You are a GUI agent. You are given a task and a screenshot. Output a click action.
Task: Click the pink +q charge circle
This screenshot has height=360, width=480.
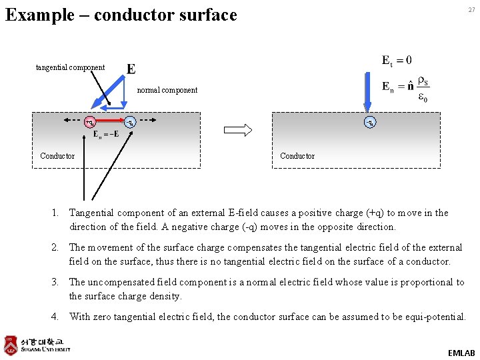pos(89,122)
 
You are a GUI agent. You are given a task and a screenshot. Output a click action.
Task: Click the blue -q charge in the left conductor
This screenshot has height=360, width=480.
pos(131,122)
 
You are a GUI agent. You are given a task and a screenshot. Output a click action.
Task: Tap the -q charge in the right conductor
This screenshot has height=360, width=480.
pos(369,122)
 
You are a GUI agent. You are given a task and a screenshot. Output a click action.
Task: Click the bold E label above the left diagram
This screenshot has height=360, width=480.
pos(131,69)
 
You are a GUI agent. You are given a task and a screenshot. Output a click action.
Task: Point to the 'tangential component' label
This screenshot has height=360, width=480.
pos(70,67)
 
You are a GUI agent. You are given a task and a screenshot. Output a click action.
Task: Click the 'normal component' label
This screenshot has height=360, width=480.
pos(167,90)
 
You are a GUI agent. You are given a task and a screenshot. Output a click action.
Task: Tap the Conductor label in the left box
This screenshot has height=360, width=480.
pos(57,156)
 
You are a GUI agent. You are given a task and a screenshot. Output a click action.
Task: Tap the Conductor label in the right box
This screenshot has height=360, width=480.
pos(297,156)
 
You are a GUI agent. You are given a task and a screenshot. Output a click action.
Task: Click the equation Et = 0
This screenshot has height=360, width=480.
pos(397,61)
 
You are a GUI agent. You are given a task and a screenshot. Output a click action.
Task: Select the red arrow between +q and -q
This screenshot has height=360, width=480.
pos(110,123)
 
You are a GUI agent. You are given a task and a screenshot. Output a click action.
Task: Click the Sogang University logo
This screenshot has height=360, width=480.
pos(37,344)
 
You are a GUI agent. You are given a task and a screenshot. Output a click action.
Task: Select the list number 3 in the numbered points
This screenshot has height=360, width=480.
pos(57,282)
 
